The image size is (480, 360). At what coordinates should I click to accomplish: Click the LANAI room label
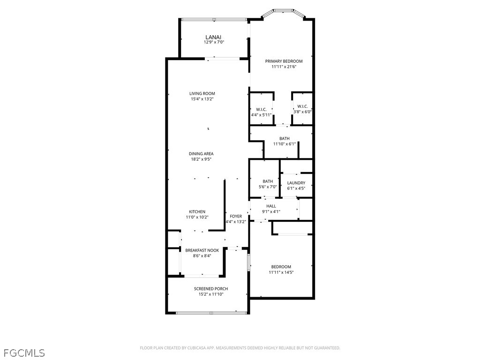[213, 37]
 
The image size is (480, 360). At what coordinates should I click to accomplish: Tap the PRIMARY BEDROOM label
[284, 61]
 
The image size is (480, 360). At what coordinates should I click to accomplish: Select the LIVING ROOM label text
[202, 94]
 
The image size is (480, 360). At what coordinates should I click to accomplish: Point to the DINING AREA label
[201, 154]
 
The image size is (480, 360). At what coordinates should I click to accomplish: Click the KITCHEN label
[197, 211]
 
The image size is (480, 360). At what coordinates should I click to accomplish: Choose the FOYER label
[236, 216]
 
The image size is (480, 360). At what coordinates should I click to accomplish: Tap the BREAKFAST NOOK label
[202, 250]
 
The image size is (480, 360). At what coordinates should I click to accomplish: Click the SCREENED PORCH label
[211, 289]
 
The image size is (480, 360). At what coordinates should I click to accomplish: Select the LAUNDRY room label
[296, 183]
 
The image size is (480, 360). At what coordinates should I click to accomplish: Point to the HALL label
[271, 206]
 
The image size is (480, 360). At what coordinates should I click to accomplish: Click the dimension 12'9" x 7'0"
[214, 42]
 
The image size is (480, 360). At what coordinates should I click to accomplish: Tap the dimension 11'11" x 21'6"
[284, 67]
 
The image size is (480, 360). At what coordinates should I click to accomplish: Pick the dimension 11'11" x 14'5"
[281, 272]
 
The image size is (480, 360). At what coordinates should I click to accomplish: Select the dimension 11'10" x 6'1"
[285, 144]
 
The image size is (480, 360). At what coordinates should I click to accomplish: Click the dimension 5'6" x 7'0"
[268, 187]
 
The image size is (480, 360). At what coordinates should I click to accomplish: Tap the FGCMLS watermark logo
[24, 353]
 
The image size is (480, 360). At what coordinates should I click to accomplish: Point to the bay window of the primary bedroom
[283, 13]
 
